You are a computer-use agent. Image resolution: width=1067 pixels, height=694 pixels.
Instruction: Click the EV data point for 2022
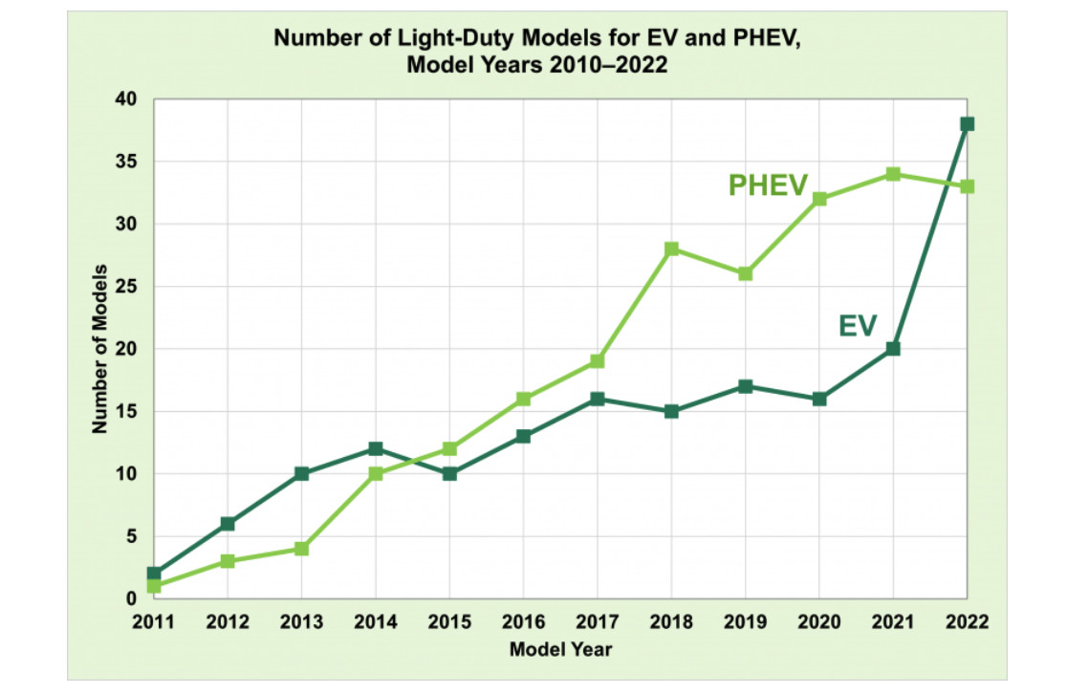tap(967, 124)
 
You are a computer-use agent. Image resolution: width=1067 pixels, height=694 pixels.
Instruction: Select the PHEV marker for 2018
tap(671, 249)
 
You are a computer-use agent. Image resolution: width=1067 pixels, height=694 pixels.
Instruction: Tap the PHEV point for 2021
tap(893, 174)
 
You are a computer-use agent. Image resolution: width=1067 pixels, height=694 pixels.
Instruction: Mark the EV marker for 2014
tap(376, 448)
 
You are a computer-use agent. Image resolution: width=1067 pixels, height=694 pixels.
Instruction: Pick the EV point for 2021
tap(893, 349)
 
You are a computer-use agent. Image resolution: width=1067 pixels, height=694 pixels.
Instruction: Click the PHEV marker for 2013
tap(302, 549)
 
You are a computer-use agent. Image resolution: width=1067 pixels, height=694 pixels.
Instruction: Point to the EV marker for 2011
tap(154, 574)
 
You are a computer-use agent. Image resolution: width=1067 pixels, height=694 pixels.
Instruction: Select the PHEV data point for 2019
tap(745, 273)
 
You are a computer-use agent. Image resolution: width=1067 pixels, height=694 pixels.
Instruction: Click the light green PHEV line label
tap(768, 184)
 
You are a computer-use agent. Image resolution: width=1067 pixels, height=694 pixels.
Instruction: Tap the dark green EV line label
tap(858, 326)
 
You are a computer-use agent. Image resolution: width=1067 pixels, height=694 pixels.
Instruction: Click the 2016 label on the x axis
tap(523, 621)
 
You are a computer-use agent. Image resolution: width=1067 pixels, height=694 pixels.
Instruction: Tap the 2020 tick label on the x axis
tap(818, 621)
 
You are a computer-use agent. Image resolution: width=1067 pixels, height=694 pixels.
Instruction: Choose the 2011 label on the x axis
tap(154, 621)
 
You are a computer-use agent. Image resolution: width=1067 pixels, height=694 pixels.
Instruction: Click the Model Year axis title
tap(560, 650)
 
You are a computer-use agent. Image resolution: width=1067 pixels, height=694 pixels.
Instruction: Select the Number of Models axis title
tap(98, 349)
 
